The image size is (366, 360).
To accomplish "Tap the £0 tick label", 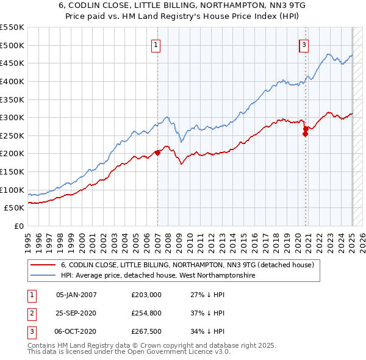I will point(19,226).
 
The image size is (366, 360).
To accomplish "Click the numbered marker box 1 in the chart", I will point(156,45).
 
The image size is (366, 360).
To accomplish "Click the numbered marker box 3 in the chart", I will point(304,45).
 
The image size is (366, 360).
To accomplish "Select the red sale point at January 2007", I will point(157,153).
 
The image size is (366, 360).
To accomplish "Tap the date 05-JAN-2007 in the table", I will point(76,295).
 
